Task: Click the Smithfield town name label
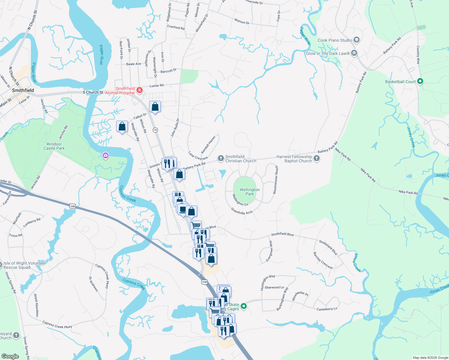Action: coord(23,90)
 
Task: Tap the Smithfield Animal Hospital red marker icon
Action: coord(139,90)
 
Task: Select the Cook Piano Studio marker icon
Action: coord(356,40)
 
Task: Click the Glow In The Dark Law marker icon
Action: coord(354,53)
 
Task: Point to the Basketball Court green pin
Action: coord(420,81)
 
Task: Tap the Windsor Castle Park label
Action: coord(54,146)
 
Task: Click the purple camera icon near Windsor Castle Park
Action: coord(105,155)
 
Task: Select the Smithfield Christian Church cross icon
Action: coord(221,158)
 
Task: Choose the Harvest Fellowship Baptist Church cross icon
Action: coord(317,158)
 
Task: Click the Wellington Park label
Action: coord(249,192)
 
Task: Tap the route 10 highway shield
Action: coord(155,130)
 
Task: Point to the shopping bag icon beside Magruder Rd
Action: coord(122,127)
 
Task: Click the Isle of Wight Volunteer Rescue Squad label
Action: coord(25,265)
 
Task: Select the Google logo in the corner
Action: coord(10,356)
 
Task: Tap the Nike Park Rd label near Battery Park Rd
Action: coord(342,154)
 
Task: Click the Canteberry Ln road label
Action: coord(327,309)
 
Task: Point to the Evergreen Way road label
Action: coord(270,251)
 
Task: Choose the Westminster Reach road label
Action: coord(276,180)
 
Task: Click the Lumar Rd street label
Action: coord(157,86)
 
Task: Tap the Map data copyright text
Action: coord(430,358)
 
